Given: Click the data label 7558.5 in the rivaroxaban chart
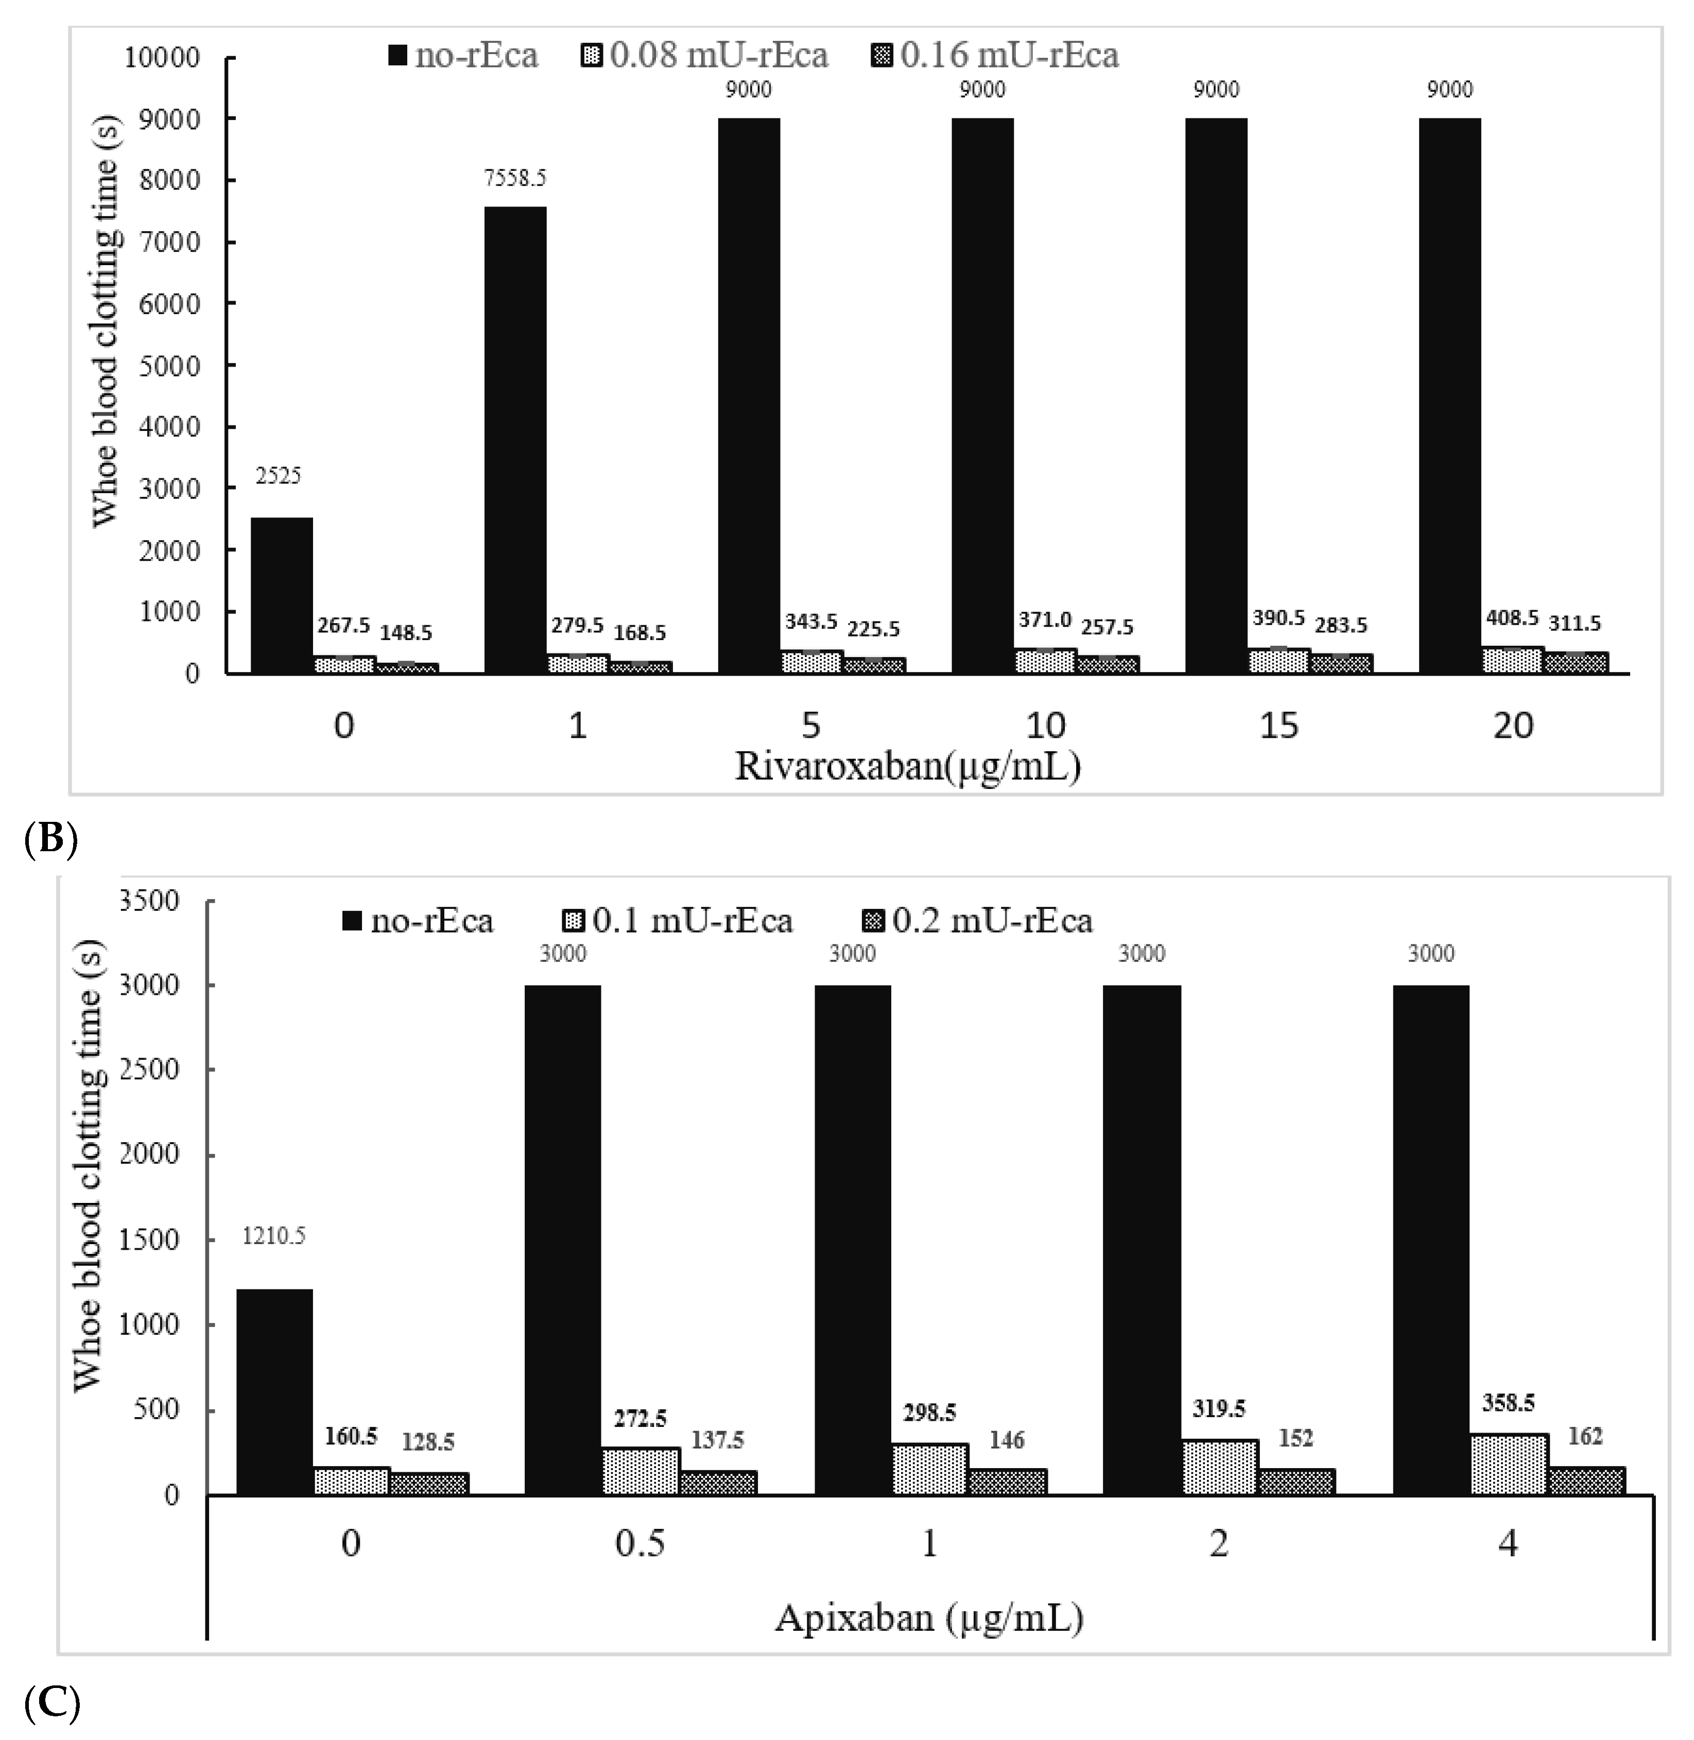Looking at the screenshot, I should click(x=515, y=179).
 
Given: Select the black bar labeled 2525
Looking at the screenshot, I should click(x=281, y=594).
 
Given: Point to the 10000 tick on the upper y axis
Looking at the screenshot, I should click(x=162, y=58).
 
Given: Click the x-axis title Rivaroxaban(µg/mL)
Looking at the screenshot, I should click(x=907, y=766).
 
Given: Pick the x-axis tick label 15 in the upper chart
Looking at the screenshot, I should click(x=1278, y=726).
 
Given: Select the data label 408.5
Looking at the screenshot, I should click(x=1512, y=617).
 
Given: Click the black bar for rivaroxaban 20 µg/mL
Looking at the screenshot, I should click(x=1449, y=396).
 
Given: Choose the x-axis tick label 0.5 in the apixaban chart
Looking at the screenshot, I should click(x=639, y=1542).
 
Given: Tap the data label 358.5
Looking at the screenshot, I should click(x=1508, y=1403).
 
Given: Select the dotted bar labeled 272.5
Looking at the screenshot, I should click(x=641, y=1471).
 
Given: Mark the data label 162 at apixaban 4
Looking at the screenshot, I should click(x=1584, y=1436).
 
